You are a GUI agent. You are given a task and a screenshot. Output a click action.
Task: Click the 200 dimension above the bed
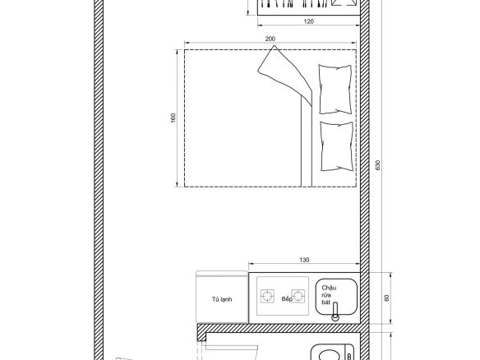coord(270,39)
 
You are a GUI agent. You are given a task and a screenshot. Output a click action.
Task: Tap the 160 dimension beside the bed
coord(173,118)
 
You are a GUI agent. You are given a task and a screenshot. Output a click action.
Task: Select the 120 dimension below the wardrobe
coord(308,21)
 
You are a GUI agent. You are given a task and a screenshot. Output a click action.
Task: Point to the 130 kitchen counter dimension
coord(304,260)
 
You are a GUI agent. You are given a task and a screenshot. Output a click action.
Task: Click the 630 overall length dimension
coord(378,165)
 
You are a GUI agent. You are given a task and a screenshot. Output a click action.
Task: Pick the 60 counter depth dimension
coord(386,298)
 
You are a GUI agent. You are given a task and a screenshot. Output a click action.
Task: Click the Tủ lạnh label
coord(222,299)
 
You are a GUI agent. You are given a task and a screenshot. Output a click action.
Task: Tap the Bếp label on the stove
coord(287,299)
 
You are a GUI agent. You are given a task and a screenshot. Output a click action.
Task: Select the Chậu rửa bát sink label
coord(329,295)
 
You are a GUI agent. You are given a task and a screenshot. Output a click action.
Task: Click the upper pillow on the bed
coord(335,90)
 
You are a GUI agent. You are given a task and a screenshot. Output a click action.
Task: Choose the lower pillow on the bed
coord(336,146)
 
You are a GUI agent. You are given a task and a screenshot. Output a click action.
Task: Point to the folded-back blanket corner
coord(284,76)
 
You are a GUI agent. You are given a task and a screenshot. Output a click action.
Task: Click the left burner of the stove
coord(267,297)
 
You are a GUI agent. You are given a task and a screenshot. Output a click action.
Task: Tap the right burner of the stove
coord(298,296)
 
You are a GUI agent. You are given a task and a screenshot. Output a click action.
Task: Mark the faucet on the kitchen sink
coord(335,312)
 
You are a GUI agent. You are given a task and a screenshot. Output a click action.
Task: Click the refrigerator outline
coord(222,297)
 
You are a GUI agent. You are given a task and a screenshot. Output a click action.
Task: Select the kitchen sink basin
coord(336,297)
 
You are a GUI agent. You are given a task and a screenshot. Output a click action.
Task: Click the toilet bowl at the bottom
coord(332,353)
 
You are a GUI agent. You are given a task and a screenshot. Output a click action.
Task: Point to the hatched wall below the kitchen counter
coord(279,328)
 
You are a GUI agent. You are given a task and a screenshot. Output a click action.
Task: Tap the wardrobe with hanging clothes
coord(308,7)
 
